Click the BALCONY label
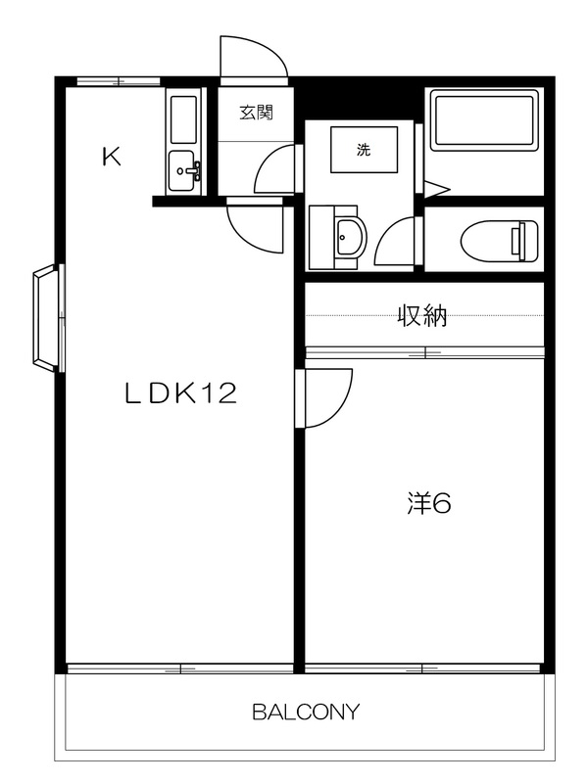[306, 712]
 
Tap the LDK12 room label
[180, 393]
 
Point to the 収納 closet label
[422, 315]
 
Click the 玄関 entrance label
[256, 113]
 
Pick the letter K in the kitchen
[112, 157]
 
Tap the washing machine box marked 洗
[364, 150]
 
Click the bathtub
[483, 120]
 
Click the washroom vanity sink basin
[350, 237]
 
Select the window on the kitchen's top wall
[119, 82]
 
